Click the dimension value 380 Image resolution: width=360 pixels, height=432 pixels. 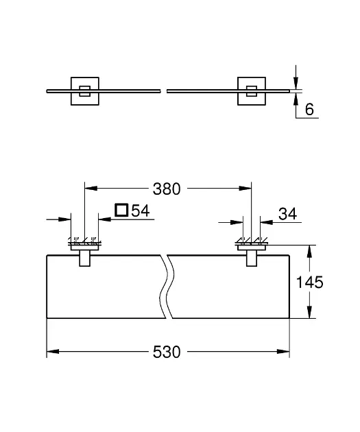point(167,189)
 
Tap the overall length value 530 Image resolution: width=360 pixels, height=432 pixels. point(167,352)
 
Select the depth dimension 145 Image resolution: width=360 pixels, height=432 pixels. point(309,282)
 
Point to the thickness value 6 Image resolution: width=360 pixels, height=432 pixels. point(309,110)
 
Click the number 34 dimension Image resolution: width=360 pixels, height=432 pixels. point(288,214)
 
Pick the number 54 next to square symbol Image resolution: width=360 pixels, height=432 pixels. point(140,211)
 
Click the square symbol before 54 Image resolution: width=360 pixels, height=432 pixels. point(121,211)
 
